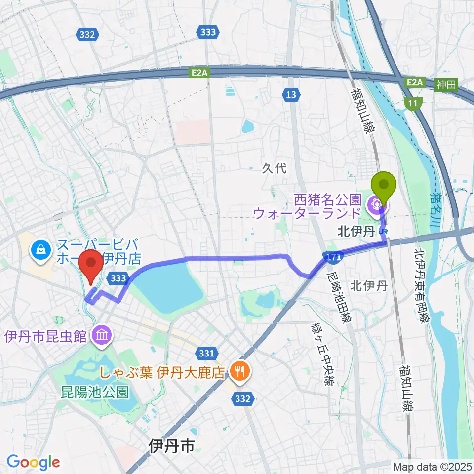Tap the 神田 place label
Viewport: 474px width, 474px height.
click(447, 85)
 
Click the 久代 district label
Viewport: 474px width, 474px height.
click(274, 168)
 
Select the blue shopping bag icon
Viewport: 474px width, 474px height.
click(39, 250)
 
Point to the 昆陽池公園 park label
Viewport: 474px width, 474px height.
click(95, 393)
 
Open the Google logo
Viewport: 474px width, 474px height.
click(33, 462)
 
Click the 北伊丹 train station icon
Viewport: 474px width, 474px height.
click(383, 230)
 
